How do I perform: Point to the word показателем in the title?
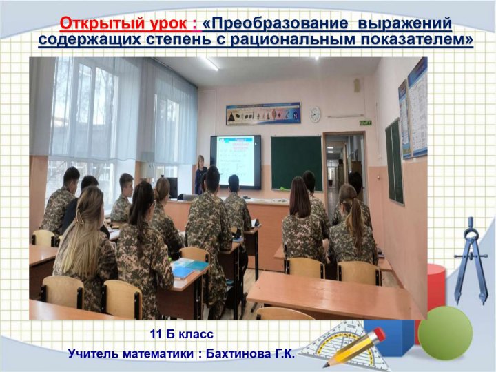click(419, 39)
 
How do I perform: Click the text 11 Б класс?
click(182, 334)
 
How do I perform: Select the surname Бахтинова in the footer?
click(237, 353)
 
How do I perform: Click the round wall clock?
click(315, 114)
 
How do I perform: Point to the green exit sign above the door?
click(365, 123)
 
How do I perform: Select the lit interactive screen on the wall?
click(236, 162)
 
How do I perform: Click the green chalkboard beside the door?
click(296, 163)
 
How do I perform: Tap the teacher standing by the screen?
click(200, 174)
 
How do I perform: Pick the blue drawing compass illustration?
click(471, 260)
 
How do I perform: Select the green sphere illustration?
click(445, 333)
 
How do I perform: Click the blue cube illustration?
click(390, 336)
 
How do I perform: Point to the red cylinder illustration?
click(437, 287)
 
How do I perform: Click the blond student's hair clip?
click(79, 218)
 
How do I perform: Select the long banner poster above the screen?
click(263, 113)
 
